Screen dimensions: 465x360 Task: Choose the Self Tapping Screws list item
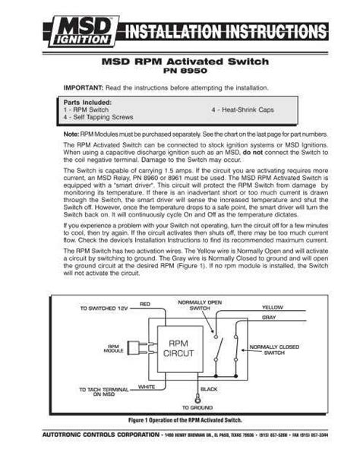[99, 118]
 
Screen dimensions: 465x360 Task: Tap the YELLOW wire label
[272, 308]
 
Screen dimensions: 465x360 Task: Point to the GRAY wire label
[269, 317]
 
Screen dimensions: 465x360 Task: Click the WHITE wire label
[147, 387]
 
